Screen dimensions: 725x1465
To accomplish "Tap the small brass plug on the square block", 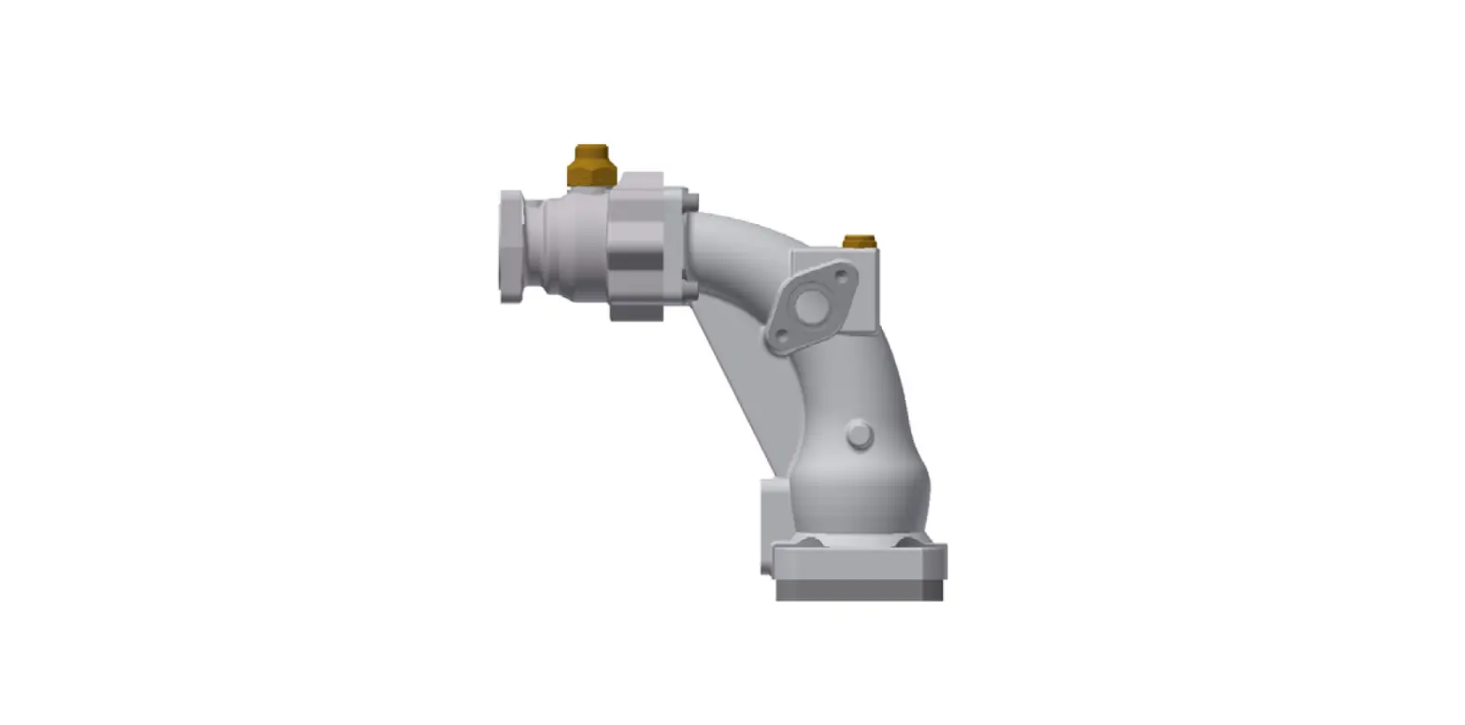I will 859,242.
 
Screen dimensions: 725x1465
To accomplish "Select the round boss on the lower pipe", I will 860,435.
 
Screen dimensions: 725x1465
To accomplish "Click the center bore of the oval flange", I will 811,306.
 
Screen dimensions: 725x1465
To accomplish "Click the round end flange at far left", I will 511,247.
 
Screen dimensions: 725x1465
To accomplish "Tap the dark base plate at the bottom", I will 859,590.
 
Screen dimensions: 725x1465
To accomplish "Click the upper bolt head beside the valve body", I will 691,202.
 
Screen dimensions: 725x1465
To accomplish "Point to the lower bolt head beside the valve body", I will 691,291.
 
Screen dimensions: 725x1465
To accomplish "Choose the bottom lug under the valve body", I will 636,312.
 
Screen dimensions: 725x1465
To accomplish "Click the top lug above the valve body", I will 641,179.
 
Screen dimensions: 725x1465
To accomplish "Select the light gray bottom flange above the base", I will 860,562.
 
